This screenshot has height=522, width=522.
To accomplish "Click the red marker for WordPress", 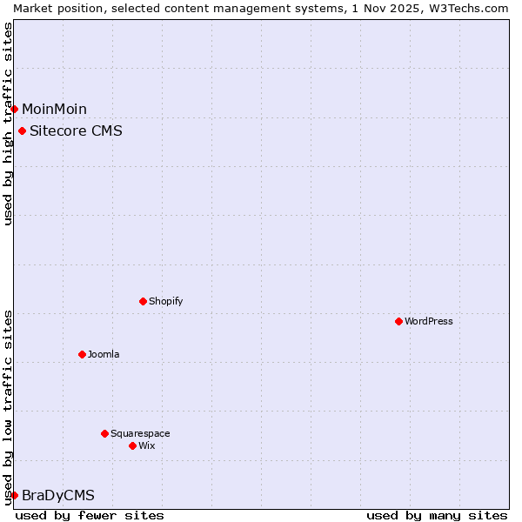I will click(x=398, y=321).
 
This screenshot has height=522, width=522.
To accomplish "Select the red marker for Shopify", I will click(x=143, y=301).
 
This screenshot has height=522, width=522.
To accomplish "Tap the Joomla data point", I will click(x=82, y=354).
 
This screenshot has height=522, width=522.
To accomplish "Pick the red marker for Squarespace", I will click(x=104, y=433).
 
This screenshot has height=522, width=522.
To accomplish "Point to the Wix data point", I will click(x=132, y=445).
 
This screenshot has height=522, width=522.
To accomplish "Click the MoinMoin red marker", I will click(x=14, y=109).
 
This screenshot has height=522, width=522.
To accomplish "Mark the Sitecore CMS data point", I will click(x=22, y=131).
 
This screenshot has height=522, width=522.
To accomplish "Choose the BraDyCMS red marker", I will click(x=14, y=495).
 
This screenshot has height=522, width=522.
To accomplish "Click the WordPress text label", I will click(x=429, y=321).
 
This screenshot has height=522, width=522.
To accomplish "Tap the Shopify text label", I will click(x=165, y=301).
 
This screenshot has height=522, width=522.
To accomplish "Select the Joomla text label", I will click(x=104, y=354).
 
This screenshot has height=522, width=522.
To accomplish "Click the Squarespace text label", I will click(x=140, y=433).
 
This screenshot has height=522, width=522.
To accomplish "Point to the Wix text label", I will click(x=147, y=445).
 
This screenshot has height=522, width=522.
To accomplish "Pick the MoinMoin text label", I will click(x=54, y=109).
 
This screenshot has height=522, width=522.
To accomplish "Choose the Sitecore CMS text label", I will click(x=76, y=131).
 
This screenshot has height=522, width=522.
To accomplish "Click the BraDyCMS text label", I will click(x=58, y=495).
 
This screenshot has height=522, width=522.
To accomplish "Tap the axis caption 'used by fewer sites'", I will click(x=90, y=515).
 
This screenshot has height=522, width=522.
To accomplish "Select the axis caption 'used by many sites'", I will click(x=437, y=515).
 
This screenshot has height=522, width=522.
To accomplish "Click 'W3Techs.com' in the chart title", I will click(x=472, y=8).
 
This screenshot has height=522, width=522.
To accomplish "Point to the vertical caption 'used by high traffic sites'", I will click(x=8, y=124).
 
